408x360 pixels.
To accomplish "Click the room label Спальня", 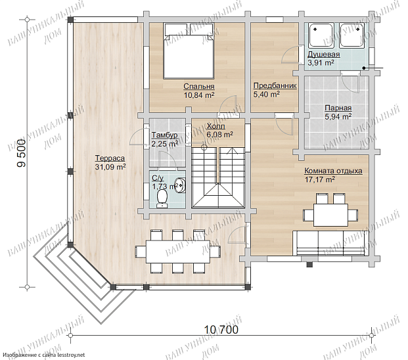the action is pyautogui.click(x=199, y=86).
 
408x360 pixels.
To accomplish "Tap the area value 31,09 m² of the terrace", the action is pyautogui.click(x=110, y=167).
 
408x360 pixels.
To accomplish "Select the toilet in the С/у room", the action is pyautogui.click(x=162, y=199).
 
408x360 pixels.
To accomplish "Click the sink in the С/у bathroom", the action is pyautogui.click(x=180, y=185).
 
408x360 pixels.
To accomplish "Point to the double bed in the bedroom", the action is pyautogui.click(x=189, y=51).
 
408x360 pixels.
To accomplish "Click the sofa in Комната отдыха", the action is pyautogui.click(x=330, y=242).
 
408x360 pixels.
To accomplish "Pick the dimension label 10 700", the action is pyautogui.click(x=221, y=330).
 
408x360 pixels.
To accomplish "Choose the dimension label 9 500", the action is pyautogui.click(x=21, y=153).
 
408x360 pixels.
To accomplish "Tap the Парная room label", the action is pyautogui.click(x=338, y=108).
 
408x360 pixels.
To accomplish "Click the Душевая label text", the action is pyautogui.click(x=324, y=55).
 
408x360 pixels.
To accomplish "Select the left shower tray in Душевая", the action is pyautogui.click(x=321, y=35).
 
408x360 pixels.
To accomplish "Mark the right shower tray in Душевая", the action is pyautogui.click(x=351, y=35).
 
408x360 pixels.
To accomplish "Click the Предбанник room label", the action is pyautogui.click(x=275, y=85).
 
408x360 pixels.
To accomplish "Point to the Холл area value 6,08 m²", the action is pyautogui.click(x=219, y=135).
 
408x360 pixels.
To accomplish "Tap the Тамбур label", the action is pyautogui.click(x=165, y=135).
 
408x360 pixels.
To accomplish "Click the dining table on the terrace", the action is pyautogui.click(x=177, y=252).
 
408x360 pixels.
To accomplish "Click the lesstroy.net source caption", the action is pyautogui.click(x=44, y=355).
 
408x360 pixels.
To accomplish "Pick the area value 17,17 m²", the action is pyautogui.click(x=320, y=179).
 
